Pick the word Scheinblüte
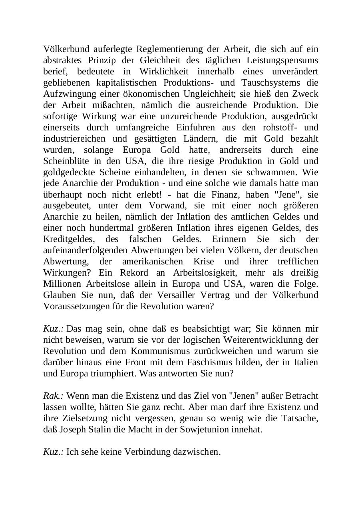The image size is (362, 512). (x=65, y=161)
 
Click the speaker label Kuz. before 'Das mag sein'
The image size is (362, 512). (x=54, y=329)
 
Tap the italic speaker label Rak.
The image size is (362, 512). (x=54, y=396)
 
